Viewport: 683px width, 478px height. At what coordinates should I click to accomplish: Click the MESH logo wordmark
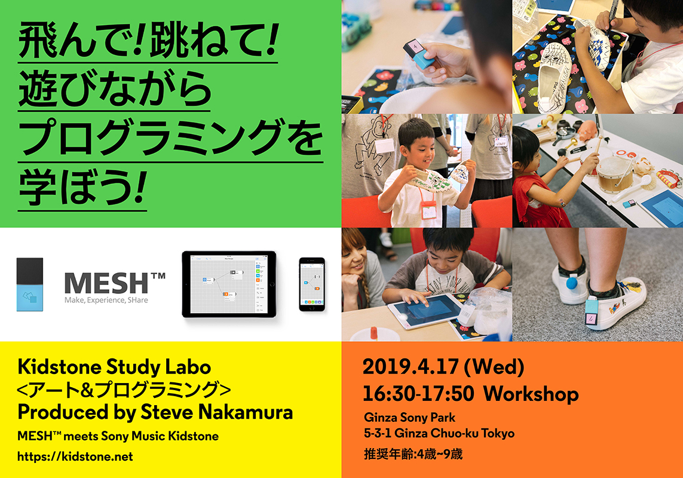point(114,283)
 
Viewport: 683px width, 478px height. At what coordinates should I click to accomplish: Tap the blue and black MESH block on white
point(30,284)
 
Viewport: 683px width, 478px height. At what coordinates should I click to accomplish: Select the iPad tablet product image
point(229,284)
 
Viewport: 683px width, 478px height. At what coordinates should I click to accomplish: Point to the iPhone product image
point(312,284)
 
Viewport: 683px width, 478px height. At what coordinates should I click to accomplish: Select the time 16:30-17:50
point(418,394)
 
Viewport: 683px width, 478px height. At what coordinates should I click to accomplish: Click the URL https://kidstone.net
point(75,456)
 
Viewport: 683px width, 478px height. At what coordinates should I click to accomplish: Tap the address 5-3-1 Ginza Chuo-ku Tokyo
point(439,433)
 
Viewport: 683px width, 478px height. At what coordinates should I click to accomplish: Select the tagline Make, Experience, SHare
point(106,300)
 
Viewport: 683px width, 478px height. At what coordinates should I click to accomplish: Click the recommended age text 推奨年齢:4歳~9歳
point(413,454)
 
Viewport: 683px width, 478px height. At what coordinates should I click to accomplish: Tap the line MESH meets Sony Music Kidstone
point(118,436)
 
